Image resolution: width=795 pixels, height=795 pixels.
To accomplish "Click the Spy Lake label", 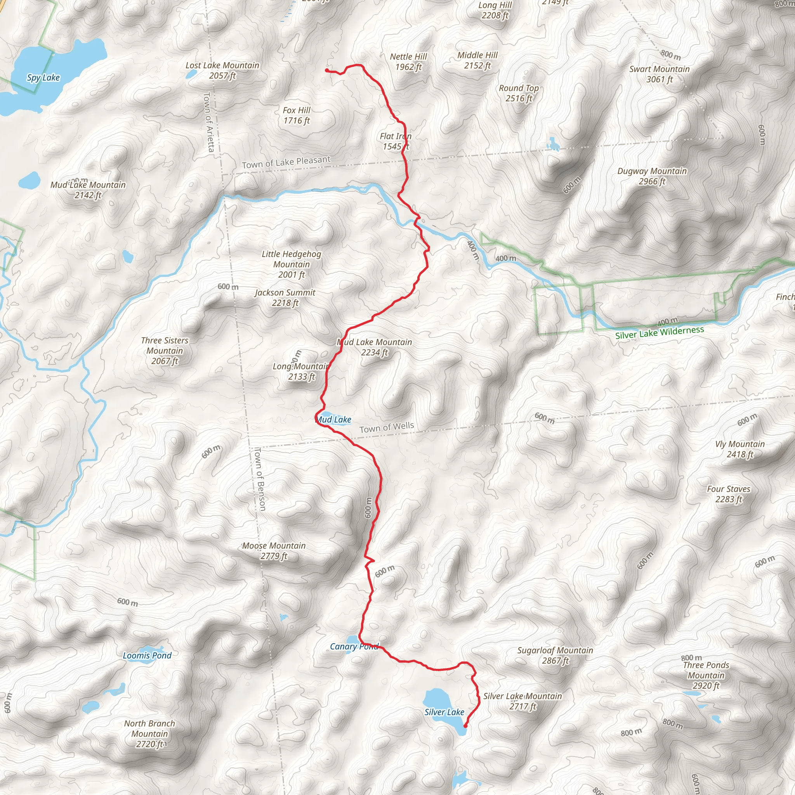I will pyautogui.click(x=43, y=77).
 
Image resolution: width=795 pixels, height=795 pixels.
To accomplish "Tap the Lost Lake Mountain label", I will pyautogui.click(x=222, y=70).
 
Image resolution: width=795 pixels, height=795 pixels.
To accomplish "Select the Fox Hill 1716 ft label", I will pyautogui.click(x=296, y=115).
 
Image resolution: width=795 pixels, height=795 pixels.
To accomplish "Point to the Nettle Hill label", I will pyautogui.click(x=408, y=62).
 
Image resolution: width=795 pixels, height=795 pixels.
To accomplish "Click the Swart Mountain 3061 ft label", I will pyautogui.click(x=659, y=74).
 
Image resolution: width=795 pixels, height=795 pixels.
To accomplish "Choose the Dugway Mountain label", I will pyautogui.click(x=652, y=176).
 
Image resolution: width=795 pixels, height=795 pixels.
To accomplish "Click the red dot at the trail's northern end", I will pyautogui.click(x=327, y=70).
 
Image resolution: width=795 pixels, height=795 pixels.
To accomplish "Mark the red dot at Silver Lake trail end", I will pyautogui.click(x=465, y=726).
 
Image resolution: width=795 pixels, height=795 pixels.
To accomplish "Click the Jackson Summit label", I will pyautogui.click(x=285, y=297).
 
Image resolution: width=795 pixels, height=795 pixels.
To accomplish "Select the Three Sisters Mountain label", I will pyautogui.click(x=165, y=351).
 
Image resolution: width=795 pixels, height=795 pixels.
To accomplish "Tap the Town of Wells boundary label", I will pyautogui.click(x=386, y=427).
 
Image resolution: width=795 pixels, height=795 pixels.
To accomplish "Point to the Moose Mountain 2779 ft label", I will pyautogui.click(x=274, y=550).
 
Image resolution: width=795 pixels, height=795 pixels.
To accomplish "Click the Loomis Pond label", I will pyautogui.click(x=147, y=656).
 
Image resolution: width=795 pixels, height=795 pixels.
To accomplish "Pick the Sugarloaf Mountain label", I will pyautogui.click(x=555, y=655).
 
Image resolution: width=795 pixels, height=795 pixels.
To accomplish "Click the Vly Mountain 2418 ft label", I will pyautogui.click(x=739, y=449).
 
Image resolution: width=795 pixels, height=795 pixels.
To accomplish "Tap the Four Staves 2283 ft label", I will pyautogui.click(x=728, y=494).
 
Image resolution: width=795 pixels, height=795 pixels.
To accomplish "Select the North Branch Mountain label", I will pyautogui.click(x=149, y=734).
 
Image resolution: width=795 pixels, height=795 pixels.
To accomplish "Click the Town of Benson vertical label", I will pyautogui.click(x=260, y=479).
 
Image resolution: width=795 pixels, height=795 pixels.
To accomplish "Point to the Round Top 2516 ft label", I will pyautogui.click(x=519, y=93).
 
